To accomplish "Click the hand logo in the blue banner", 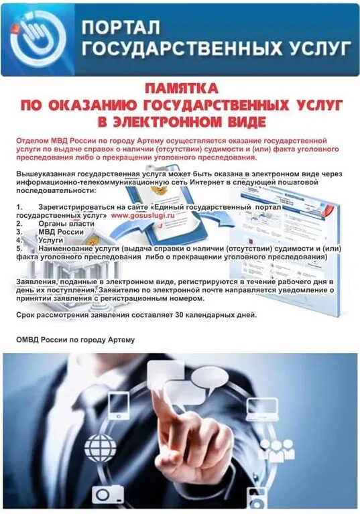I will coord(39,38).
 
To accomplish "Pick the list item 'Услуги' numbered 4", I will coord(51,239).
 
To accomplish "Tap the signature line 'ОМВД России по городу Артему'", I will coord(75,340).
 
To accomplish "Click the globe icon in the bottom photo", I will coord(100,446).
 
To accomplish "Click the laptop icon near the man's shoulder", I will coord(262,406).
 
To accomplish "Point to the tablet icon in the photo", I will coord(118,403).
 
